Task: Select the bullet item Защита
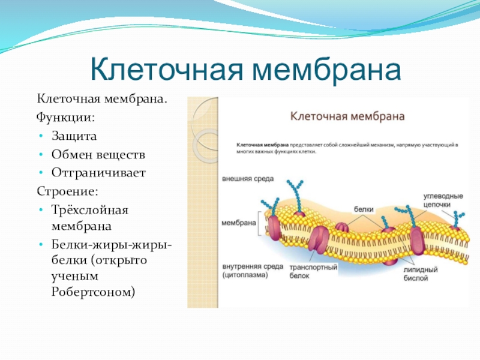(x=74, y=136)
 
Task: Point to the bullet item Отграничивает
(x=98, y=173)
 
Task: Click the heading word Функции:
(x=65, y=117)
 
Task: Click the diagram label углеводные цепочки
(x=442, y=200)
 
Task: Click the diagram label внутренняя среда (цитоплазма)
(x=248, y=272)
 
